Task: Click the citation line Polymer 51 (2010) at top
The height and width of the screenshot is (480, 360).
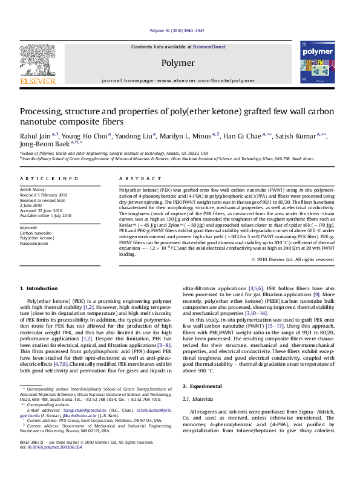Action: (180, 31)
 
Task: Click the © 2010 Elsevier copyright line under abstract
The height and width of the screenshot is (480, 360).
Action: (301, 260)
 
